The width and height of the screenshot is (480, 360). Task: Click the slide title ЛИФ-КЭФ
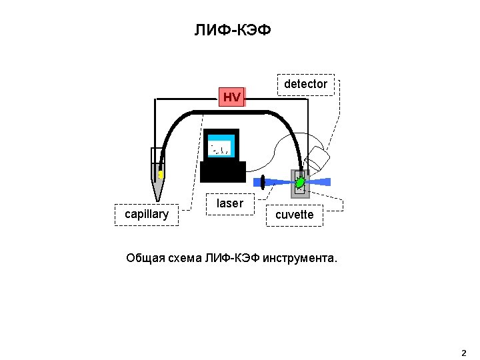coord(233,30)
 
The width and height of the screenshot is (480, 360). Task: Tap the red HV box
coord(232,97)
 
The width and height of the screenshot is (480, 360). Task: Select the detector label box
coord(306,85)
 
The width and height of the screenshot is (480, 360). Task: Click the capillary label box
coord(147,215)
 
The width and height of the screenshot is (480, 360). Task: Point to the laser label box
coord(230,204)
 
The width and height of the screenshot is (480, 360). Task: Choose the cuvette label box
coord(295,215)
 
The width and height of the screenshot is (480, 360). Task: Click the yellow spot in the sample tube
coord(161,175)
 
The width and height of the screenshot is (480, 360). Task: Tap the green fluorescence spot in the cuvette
coord(300,183)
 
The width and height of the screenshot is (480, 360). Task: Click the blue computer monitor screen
coord(221,146)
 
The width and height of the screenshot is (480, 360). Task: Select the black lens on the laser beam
coord(263,183)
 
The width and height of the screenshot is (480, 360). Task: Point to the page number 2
coord(464,353)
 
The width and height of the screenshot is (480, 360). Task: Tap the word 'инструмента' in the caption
coord(299,259)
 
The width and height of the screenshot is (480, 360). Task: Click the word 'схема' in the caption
coord(185,259)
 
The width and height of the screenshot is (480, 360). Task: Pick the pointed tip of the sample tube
coord(157,201)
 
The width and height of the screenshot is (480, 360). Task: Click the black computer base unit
coord(223,172)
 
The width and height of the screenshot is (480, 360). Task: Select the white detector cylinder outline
coord(317,158)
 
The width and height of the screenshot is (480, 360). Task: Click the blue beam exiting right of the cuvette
coord(320,183)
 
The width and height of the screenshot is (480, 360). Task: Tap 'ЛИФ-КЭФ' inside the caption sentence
coord(233,259)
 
